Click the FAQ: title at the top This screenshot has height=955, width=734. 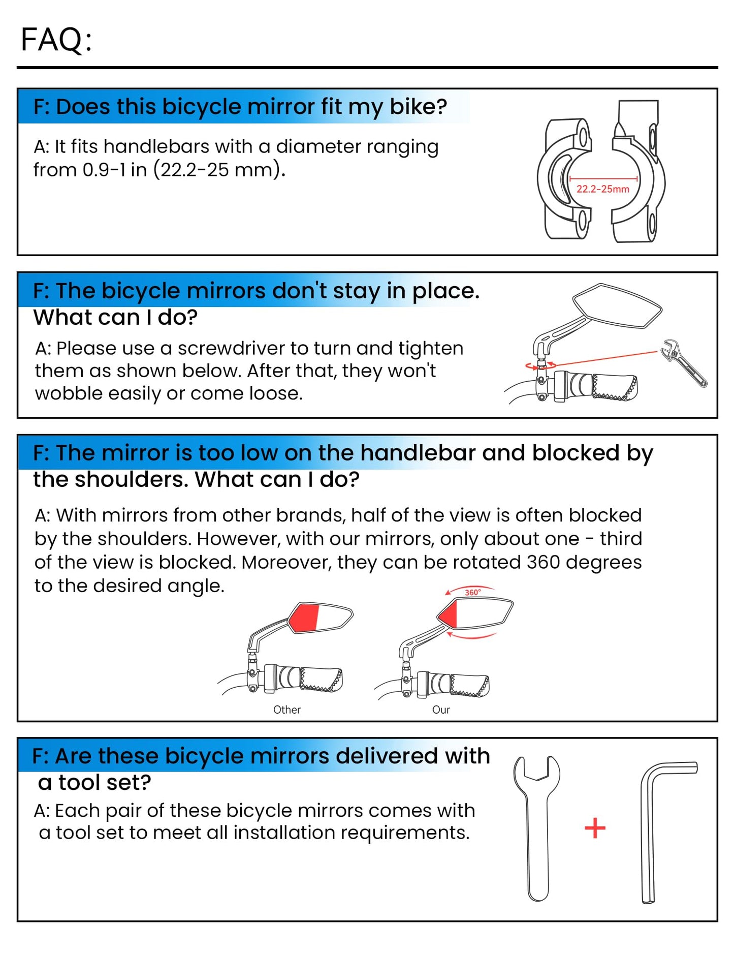point(56,40)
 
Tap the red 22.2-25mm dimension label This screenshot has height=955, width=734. point(602,189)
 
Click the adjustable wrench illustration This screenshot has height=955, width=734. point(684,362)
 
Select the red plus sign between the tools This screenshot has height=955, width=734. point(595,828)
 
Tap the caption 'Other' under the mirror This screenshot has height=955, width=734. point(287,710)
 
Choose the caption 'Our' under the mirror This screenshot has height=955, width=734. point(441,710)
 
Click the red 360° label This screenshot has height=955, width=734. point(472,592)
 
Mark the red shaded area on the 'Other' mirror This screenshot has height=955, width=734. point(304,618)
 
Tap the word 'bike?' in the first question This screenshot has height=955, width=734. point(418,107)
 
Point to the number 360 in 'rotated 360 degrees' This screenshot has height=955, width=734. point(543,562)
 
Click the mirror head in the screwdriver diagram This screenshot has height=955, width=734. point(617,305)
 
